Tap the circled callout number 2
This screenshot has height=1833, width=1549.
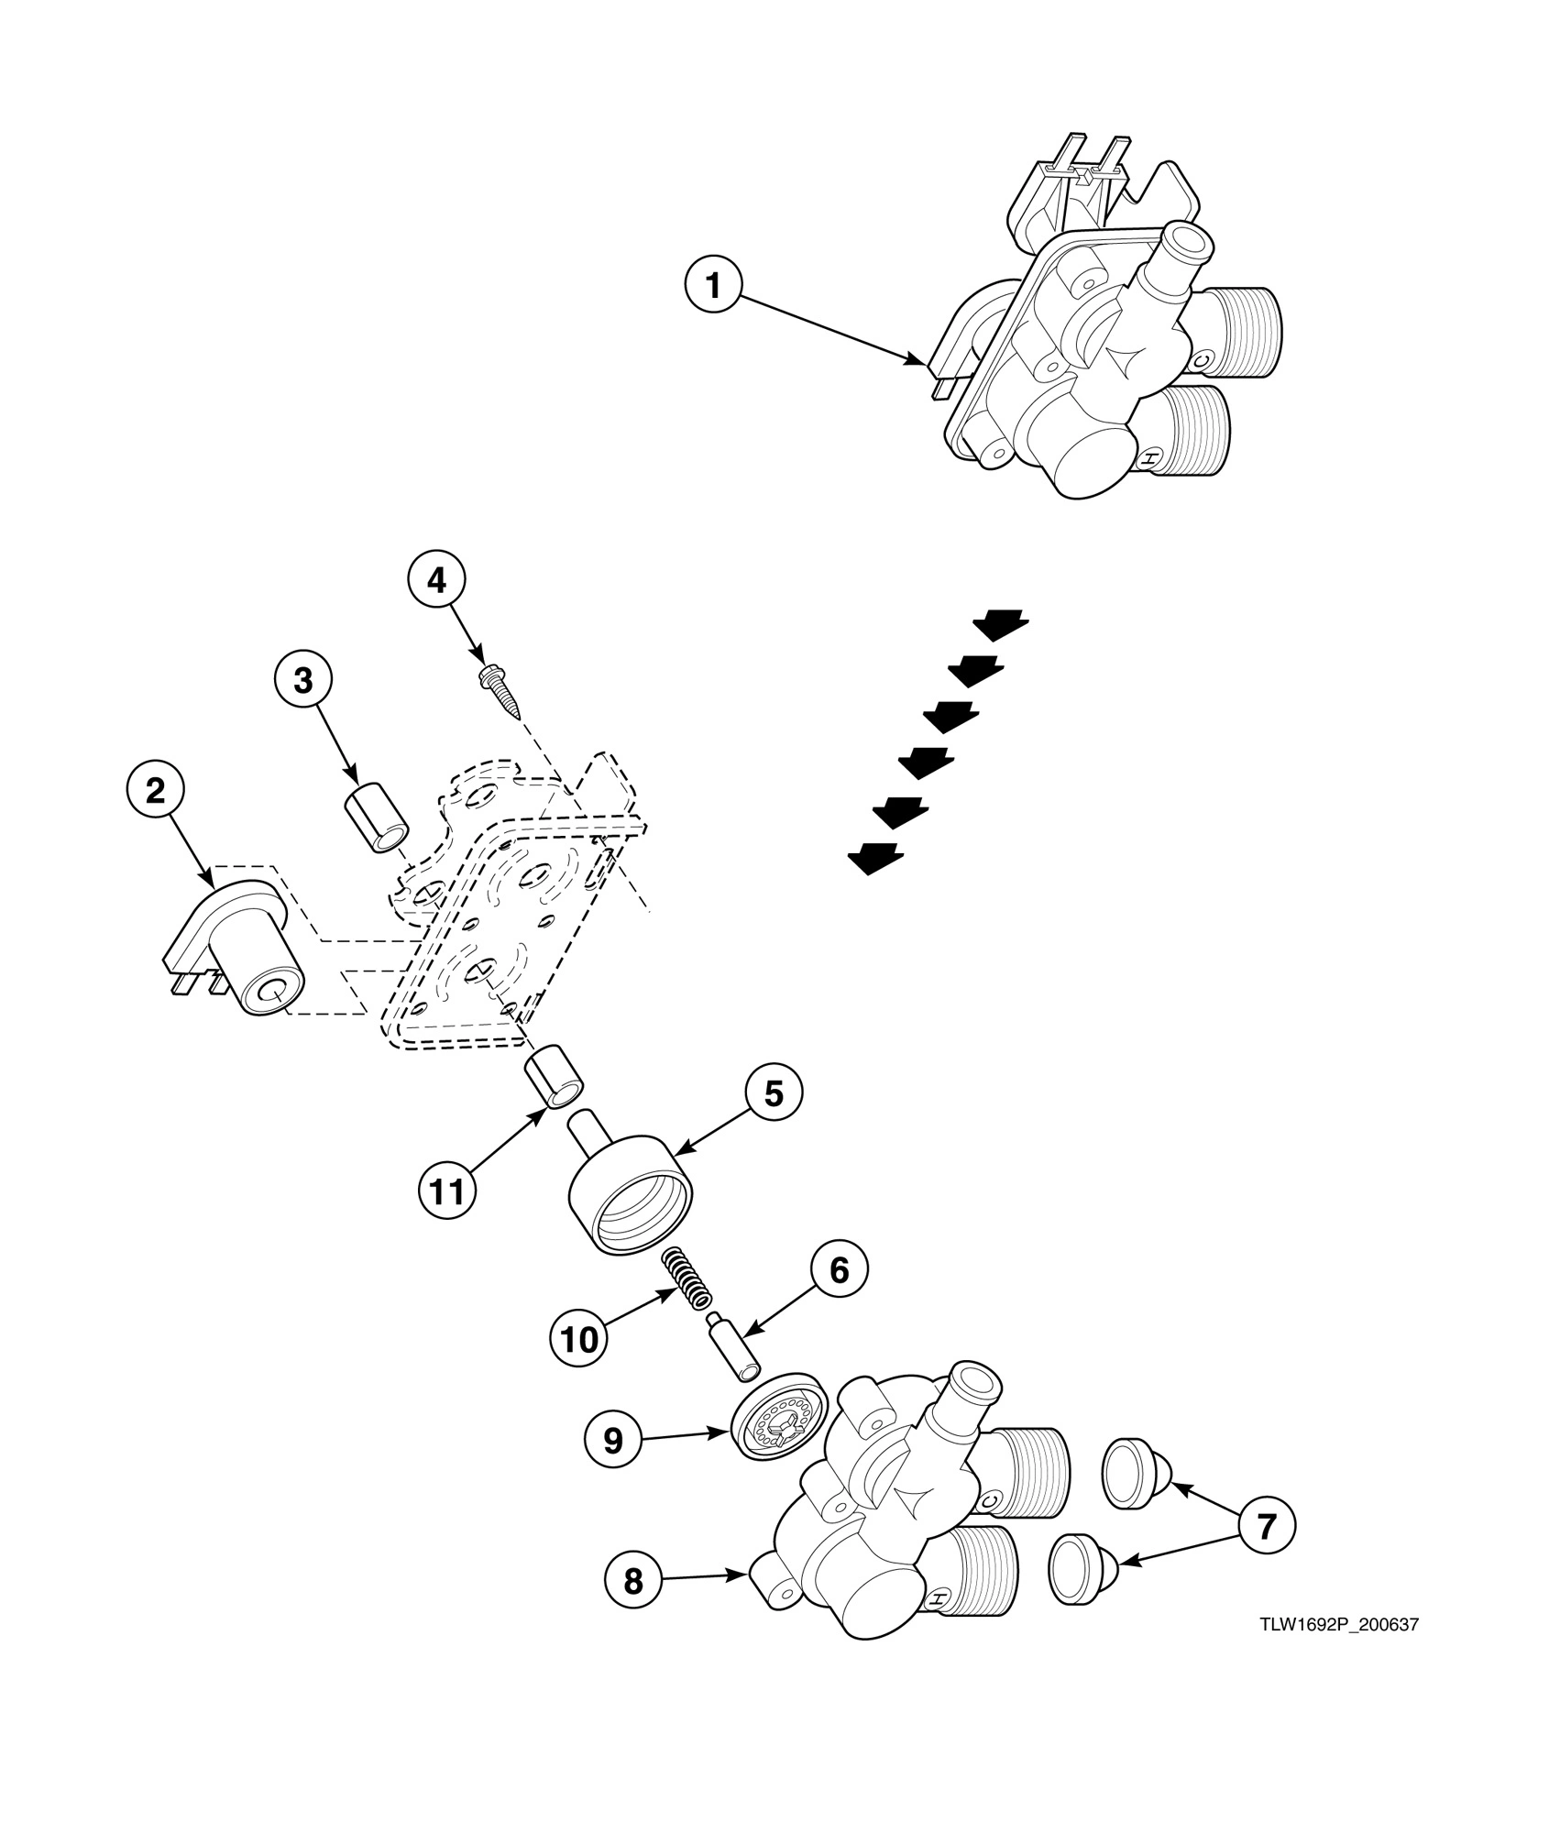[x=156, y=790]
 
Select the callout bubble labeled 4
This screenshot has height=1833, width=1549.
[x=437, y=580]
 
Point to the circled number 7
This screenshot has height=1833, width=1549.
[x=1266, y=1526]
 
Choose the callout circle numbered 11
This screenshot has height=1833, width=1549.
[x=447, y=1191]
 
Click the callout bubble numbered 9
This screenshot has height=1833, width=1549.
[x=613, y=1440]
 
